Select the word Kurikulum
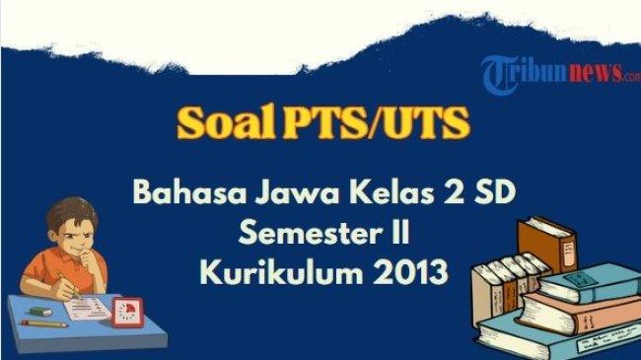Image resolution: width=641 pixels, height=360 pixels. pos(274,271)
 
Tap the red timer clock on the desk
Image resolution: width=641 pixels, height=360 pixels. pos(126,313)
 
